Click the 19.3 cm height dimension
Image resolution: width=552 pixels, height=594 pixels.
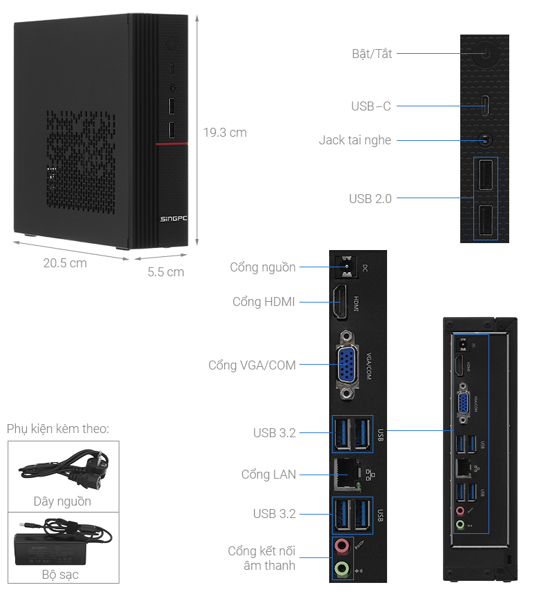(224, 132)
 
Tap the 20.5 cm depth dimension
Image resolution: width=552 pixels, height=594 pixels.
(65, 263)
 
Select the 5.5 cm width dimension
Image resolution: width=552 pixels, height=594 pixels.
(166, 272)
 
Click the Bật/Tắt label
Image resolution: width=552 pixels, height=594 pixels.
(371, 53)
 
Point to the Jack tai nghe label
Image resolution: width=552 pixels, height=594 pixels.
(355, 140)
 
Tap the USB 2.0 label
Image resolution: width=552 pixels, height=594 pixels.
(370, 199)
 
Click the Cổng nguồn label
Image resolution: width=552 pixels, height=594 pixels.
(263, 267)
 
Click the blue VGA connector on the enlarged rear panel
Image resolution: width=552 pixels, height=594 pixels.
(346, 364)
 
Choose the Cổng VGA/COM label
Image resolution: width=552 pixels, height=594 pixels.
(252, 365)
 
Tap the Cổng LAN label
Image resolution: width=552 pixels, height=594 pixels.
(268, 475)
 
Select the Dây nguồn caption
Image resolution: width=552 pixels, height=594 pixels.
(62, 501)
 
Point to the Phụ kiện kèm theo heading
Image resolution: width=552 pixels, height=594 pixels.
(58, 429)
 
